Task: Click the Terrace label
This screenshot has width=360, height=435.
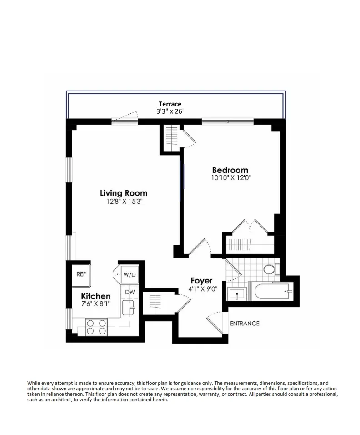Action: [x=170, y=104]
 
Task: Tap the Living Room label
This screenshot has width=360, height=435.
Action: [x=124, y=193]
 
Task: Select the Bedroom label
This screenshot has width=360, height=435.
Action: [x=230, y=171]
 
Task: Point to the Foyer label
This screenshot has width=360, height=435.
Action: [x=201, y=281]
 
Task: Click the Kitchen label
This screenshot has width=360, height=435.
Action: [x=96, y=297]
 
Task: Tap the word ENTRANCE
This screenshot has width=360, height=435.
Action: [x=245, y=324]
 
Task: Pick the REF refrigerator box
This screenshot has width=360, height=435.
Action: [x=81, y=274]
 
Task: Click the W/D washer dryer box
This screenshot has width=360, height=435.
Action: [x=130, y=275]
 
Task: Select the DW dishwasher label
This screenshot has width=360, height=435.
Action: [x=130, y=292]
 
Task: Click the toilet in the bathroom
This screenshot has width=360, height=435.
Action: [x=270, y=270]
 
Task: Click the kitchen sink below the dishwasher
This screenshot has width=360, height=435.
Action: [x=130, y=308]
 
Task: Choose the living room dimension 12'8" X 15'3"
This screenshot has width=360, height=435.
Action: [x=124, y=202]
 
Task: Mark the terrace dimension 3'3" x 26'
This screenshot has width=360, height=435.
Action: [x=170, y=111]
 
